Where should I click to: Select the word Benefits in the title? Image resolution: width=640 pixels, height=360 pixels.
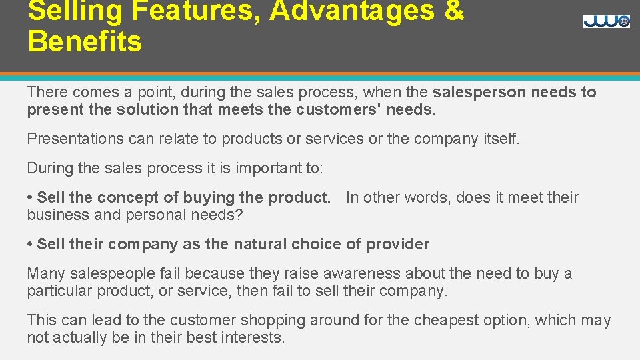(x=85, y=41)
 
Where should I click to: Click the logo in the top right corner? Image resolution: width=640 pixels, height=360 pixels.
(x=606, y=21)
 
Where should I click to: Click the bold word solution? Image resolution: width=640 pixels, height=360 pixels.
(x=139, y=110)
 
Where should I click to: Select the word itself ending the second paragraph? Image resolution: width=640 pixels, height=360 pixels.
(x=499, y=139)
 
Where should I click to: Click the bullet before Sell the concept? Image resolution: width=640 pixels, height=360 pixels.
(x=30, y=198)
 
